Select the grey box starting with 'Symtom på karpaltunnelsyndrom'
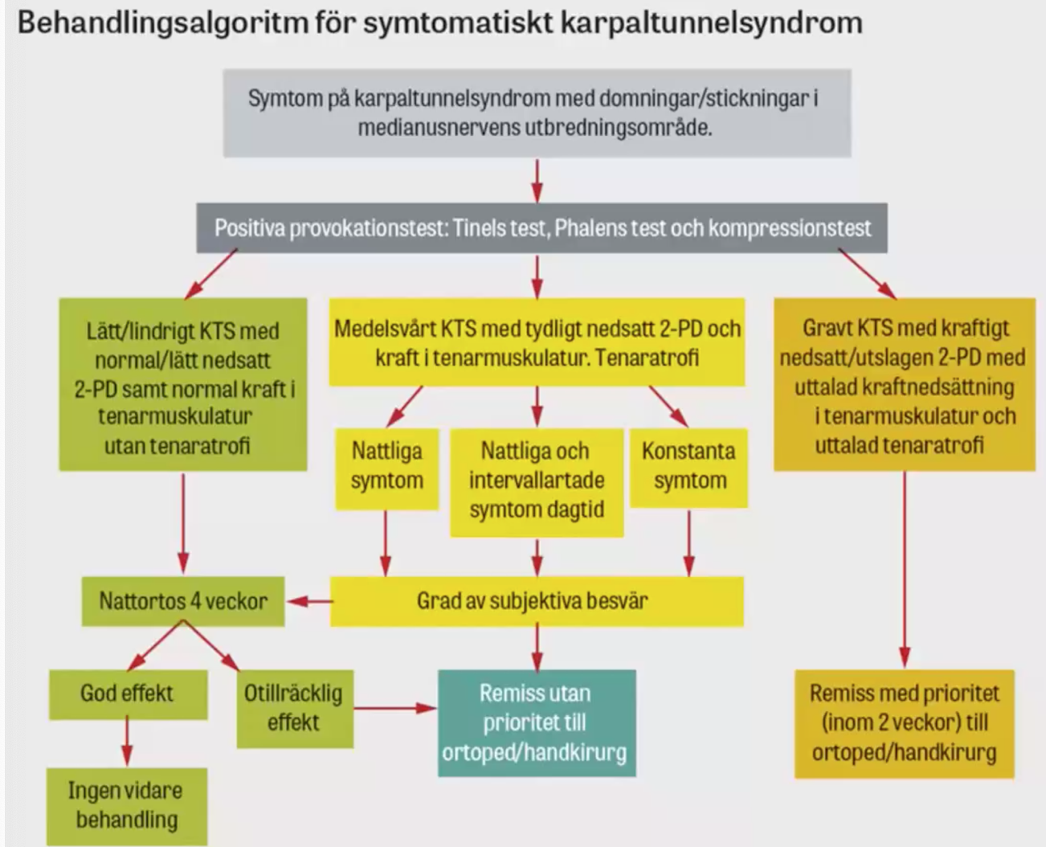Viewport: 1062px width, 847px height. (x=537, y=113)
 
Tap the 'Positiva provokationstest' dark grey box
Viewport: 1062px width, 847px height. (x=541, y=228)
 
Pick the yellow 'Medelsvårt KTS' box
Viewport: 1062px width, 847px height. (x=537, y=342)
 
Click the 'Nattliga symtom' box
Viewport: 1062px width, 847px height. (x=386, y=466)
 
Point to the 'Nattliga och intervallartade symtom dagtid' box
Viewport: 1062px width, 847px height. (x=537, y=481)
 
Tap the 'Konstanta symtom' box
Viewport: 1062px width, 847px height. (x=688, y=466)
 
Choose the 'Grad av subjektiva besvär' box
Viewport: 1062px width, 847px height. (x=537, y=601)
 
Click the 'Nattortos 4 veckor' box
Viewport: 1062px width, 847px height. (x=182, y=601)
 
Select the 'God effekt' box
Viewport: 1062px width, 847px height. (x=127, y=694)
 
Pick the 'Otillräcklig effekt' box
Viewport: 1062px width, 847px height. (x=294, y=708)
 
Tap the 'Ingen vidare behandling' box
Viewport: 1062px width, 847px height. (x=126, y=805)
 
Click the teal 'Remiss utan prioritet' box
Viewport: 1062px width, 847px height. (x=536, y=722)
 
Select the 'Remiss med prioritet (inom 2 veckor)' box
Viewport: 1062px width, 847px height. (x=904, y=722)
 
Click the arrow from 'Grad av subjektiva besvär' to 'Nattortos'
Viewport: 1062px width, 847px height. (x=309, y=601)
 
